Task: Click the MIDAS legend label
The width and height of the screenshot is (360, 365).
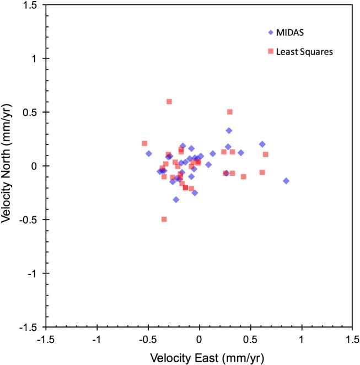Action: (291, 33)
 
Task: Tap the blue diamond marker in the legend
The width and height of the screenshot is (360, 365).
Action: (271, 33)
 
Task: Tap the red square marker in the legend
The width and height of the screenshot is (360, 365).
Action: (271, 51)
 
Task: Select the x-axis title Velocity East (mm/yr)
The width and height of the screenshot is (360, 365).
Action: (200, 357)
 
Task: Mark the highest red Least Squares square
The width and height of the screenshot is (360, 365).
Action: (169, 101)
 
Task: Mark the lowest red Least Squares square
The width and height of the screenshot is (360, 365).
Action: (164, 219)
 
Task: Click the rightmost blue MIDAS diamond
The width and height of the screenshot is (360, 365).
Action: (286, 181)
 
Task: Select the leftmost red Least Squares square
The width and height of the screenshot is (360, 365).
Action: (144, 143)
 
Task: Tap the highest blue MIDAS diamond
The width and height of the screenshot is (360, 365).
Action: (229, 131)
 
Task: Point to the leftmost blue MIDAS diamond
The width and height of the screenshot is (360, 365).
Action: (149, 153)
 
